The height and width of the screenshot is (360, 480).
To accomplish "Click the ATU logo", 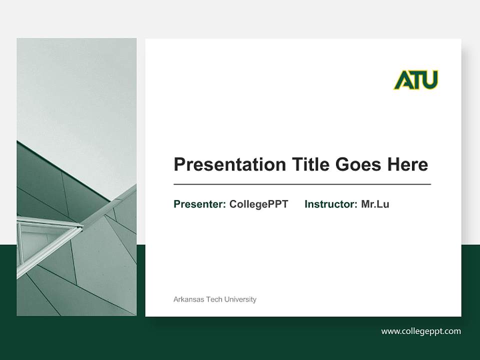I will point(415,80).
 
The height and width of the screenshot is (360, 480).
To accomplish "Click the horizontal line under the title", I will point(302,184).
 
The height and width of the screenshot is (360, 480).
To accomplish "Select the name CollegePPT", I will point(258,204).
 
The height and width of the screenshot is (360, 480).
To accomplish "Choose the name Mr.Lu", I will point(375,204).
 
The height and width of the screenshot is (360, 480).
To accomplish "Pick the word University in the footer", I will point(240,299).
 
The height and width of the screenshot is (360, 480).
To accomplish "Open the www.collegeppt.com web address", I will point(421,331).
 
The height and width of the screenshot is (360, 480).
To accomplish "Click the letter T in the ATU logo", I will point(416,80).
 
